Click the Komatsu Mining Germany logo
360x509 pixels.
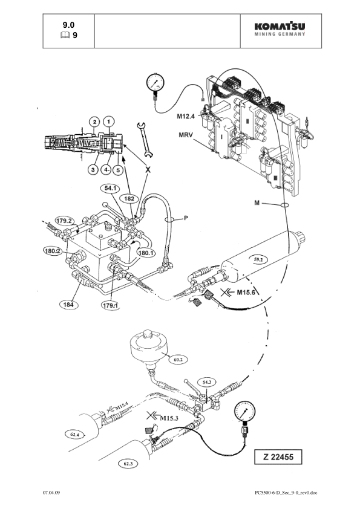click(x=280, y=28)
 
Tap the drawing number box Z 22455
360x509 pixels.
click(x=278, y=457)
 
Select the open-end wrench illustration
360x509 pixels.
click(x=145, y=140)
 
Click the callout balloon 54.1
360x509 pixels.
click(x=110, y=188)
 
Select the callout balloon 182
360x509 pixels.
click(x=129, y=198)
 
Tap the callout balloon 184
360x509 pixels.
click(x=68, y=305)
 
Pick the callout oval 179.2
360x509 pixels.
click(x=65, y=221)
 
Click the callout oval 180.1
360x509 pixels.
click(x=146, y=252)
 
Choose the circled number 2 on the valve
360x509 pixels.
click(x=94, y=122)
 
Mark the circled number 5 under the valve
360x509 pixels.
click(x=118, y=169)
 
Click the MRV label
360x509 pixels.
click(x=185, y=135)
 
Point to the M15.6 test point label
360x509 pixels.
click(x=246, y=293)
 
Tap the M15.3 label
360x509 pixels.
click(x=169, y=418)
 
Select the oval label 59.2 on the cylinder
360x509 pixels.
click(x=258, y=259)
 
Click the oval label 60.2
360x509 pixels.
click(x=178, y=360)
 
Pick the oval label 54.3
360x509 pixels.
click(x=208, y=383)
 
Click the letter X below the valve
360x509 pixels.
click(x=148, y=170)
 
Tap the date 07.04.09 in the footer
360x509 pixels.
click(x=51, y=493)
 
